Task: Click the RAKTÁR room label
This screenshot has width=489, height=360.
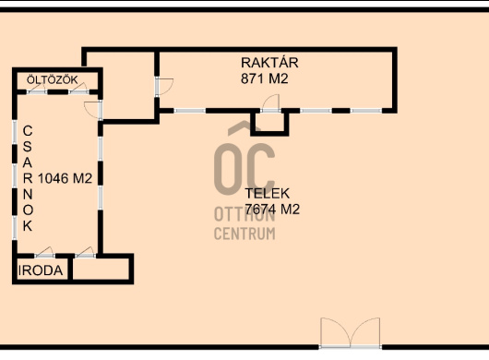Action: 269,63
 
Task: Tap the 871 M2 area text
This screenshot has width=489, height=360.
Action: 265,78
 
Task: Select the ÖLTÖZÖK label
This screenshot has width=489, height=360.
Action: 52,80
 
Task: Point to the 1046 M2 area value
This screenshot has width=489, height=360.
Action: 65,178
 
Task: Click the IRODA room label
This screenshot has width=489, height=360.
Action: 41,270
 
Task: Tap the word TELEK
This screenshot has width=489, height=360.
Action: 268,194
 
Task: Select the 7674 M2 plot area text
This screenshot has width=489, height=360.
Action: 272,209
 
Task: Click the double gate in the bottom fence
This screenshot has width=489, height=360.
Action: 351,332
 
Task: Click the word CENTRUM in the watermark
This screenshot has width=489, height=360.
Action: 244,234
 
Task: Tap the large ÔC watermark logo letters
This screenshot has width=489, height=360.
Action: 244,159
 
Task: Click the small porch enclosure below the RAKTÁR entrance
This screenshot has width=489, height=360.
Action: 269,125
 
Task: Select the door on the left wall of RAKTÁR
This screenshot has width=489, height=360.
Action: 164,87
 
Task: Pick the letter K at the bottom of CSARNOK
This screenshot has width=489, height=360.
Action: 28,226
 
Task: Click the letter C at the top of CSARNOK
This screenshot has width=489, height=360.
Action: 28,131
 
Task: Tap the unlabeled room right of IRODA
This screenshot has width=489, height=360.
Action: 101,269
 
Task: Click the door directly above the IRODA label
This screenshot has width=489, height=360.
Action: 44,252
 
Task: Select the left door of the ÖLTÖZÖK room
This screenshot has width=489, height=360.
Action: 37,89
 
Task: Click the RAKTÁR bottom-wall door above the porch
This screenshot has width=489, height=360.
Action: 270,103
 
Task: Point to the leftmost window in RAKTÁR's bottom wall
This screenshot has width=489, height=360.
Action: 190,111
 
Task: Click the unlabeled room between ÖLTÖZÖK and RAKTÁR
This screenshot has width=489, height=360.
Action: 128,86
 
